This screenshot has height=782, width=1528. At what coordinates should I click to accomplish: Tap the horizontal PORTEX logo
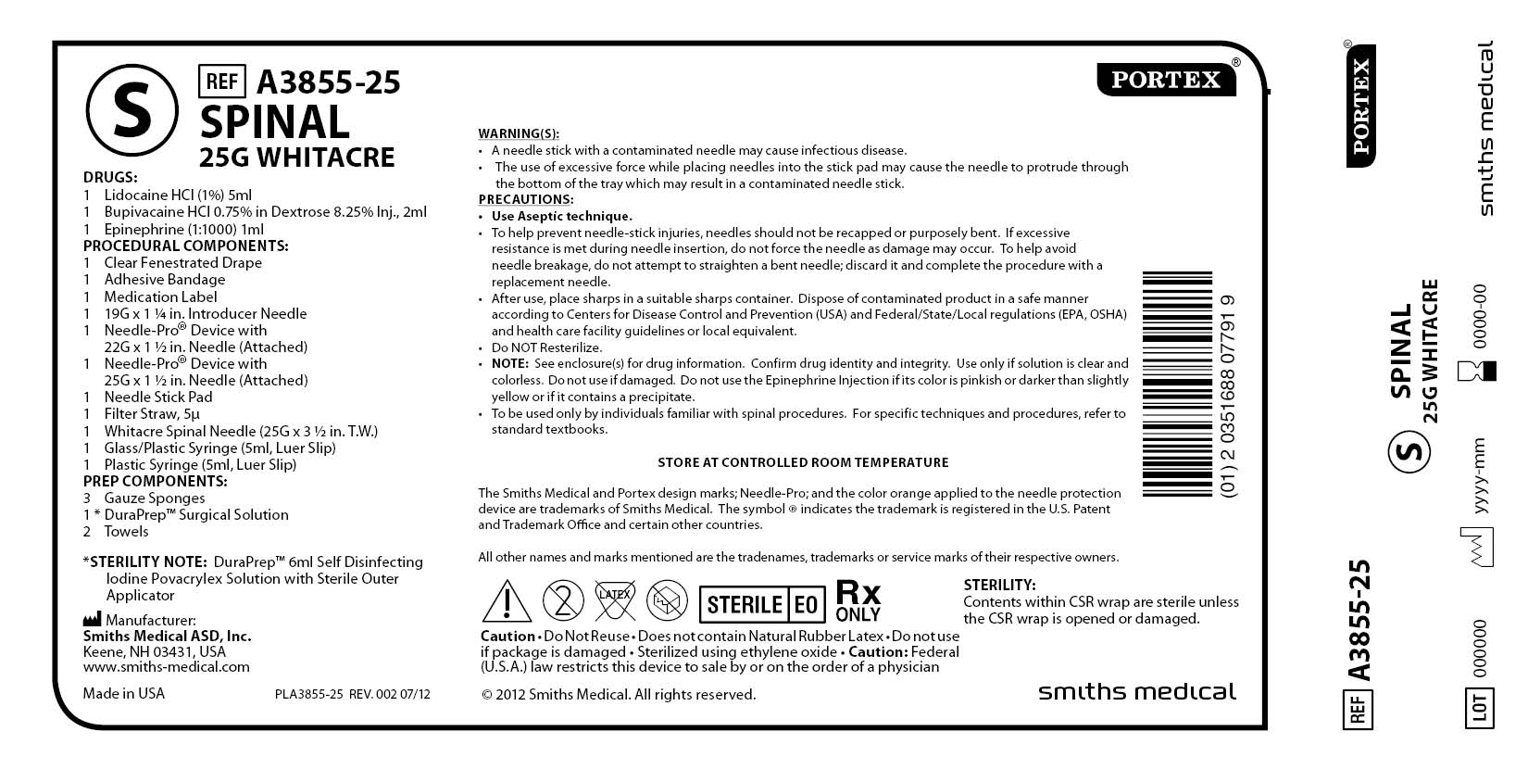pos(1166,80)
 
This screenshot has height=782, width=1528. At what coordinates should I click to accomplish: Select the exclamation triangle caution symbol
pos(507,601)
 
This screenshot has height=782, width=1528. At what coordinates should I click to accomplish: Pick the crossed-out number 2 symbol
pos(563,600)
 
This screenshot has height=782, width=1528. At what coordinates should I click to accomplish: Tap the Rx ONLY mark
pos(858,600)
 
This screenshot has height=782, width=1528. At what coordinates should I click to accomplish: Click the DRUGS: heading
pos(110,178)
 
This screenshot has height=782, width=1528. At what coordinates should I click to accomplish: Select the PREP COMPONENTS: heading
pos(155,481)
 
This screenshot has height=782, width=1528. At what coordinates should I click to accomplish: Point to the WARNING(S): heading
pos(519,133)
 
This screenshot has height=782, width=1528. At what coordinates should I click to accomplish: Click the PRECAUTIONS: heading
pos(526,199)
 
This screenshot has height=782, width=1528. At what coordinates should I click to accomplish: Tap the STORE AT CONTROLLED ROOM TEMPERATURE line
pos(803,462)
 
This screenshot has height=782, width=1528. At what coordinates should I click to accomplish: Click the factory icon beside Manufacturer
pos(92,619)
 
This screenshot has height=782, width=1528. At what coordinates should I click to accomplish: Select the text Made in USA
pos(123,693)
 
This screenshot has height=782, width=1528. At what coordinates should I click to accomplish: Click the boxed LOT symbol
pos(1479,707)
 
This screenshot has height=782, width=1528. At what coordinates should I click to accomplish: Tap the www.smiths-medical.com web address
pos(166,666)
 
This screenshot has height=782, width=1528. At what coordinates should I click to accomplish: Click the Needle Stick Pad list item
pos(157,397)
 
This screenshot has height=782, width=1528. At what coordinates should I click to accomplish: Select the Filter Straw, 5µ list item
pos(151,413)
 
